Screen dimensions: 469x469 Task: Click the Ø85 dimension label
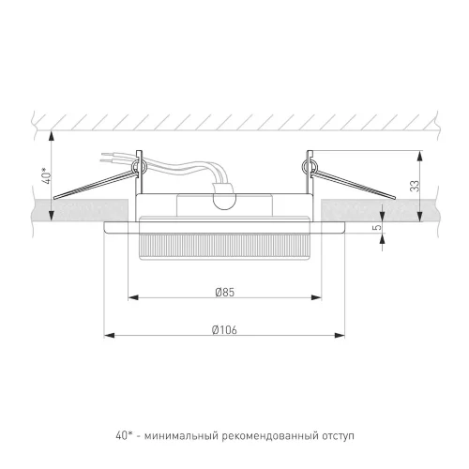point(225,293)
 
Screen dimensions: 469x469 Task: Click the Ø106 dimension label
point(224,330)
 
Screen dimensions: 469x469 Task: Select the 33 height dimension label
point(415,186)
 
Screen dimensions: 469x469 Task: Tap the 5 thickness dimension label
point(378,227)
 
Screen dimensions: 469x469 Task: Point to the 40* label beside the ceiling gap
point(47,175)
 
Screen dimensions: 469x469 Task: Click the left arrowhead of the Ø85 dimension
point(133,297)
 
